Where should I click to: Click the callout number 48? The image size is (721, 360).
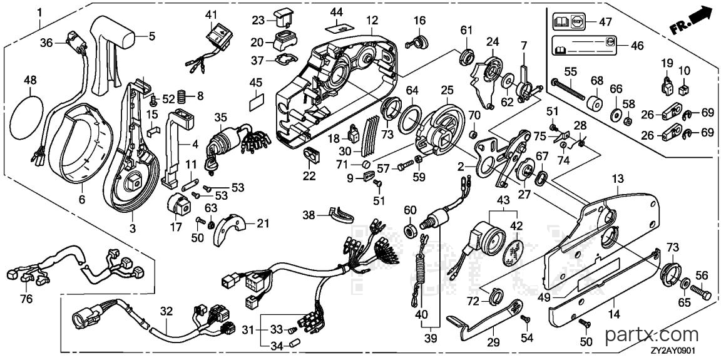(29, 81)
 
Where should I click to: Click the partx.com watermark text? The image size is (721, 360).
(652, 335)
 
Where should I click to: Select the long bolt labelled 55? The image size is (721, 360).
(569, 89)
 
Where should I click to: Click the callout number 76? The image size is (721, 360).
(27, 299)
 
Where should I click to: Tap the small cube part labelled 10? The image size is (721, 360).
(683, 86)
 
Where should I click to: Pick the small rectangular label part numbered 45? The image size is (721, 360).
(257, 103)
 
